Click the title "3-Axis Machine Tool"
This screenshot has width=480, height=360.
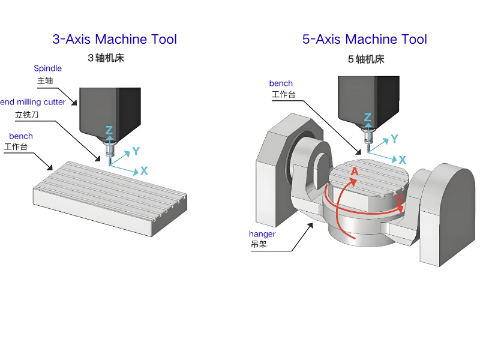115,40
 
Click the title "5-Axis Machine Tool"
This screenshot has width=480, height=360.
365,40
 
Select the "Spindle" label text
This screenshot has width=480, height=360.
47,68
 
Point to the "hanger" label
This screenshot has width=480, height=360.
262,233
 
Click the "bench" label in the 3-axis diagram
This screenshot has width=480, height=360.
21,136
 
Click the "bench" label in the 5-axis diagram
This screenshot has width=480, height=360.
281,83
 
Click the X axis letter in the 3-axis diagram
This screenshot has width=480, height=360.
144,171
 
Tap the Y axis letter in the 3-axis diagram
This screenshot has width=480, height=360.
136,151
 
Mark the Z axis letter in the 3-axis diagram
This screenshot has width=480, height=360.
109,130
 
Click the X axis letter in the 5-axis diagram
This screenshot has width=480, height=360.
403,160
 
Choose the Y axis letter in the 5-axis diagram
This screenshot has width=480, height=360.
394,139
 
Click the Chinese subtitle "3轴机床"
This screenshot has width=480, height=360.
106,58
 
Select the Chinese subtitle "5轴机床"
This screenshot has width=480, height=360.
366,59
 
